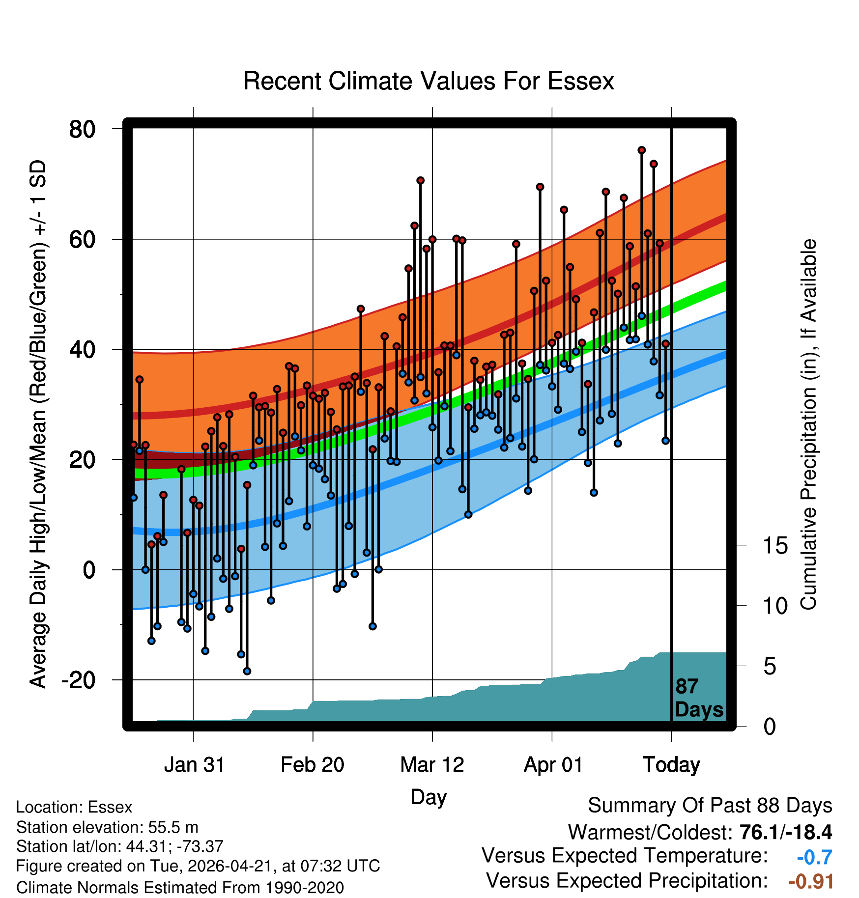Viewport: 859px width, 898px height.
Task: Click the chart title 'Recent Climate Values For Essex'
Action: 429,81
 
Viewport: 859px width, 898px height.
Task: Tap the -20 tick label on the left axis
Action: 78,680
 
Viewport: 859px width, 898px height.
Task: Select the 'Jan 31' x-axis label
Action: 194,765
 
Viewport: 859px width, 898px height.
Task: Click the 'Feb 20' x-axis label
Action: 313,765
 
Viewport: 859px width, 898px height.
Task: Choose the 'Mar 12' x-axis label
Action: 432,765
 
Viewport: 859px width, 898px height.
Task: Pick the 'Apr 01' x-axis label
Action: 553,765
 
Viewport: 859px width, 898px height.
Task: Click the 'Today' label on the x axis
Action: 671,765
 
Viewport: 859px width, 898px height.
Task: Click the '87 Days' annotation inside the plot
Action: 699,698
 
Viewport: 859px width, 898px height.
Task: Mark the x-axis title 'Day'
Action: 429,797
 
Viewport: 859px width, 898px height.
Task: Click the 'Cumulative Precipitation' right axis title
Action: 808,424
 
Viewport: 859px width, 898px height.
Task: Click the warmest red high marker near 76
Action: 641,150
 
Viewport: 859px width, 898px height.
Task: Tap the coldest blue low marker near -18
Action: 247,671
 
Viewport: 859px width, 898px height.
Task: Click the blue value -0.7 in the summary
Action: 814,857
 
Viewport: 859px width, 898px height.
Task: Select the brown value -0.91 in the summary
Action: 811,882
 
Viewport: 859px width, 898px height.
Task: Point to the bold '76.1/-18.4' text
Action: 785,832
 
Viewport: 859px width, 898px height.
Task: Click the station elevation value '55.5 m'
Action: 173,827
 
